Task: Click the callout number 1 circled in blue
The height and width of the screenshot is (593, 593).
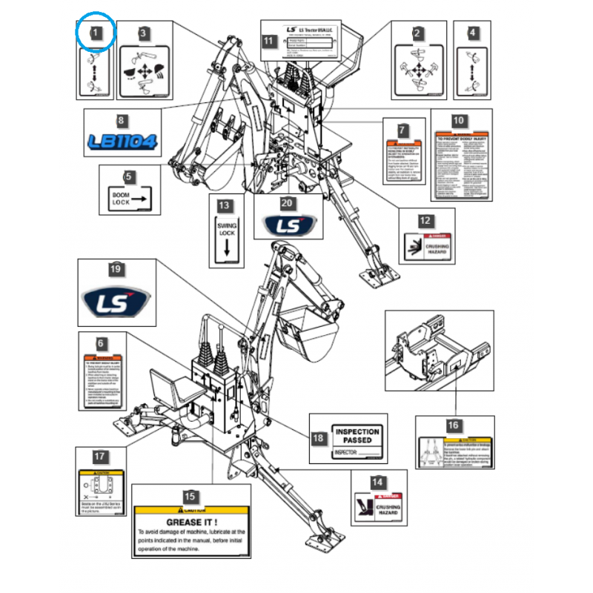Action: click(x=96, y=33)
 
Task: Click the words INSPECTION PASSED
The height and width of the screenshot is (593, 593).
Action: click(x=357, y=435)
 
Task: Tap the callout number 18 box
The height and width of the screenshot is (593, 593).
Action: click(x=318, y=438)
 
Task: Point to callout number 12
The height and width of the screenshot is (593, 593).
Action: click(x=424, y=220)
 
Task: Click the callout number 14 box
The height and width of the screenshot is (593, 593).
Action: click(x=378, y=483)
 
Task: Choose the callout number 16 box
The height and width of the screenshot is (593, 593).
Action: click(x=453, y=425)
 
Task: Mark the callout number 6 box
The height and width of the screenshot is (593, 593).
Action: click(x=102, y=345)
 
